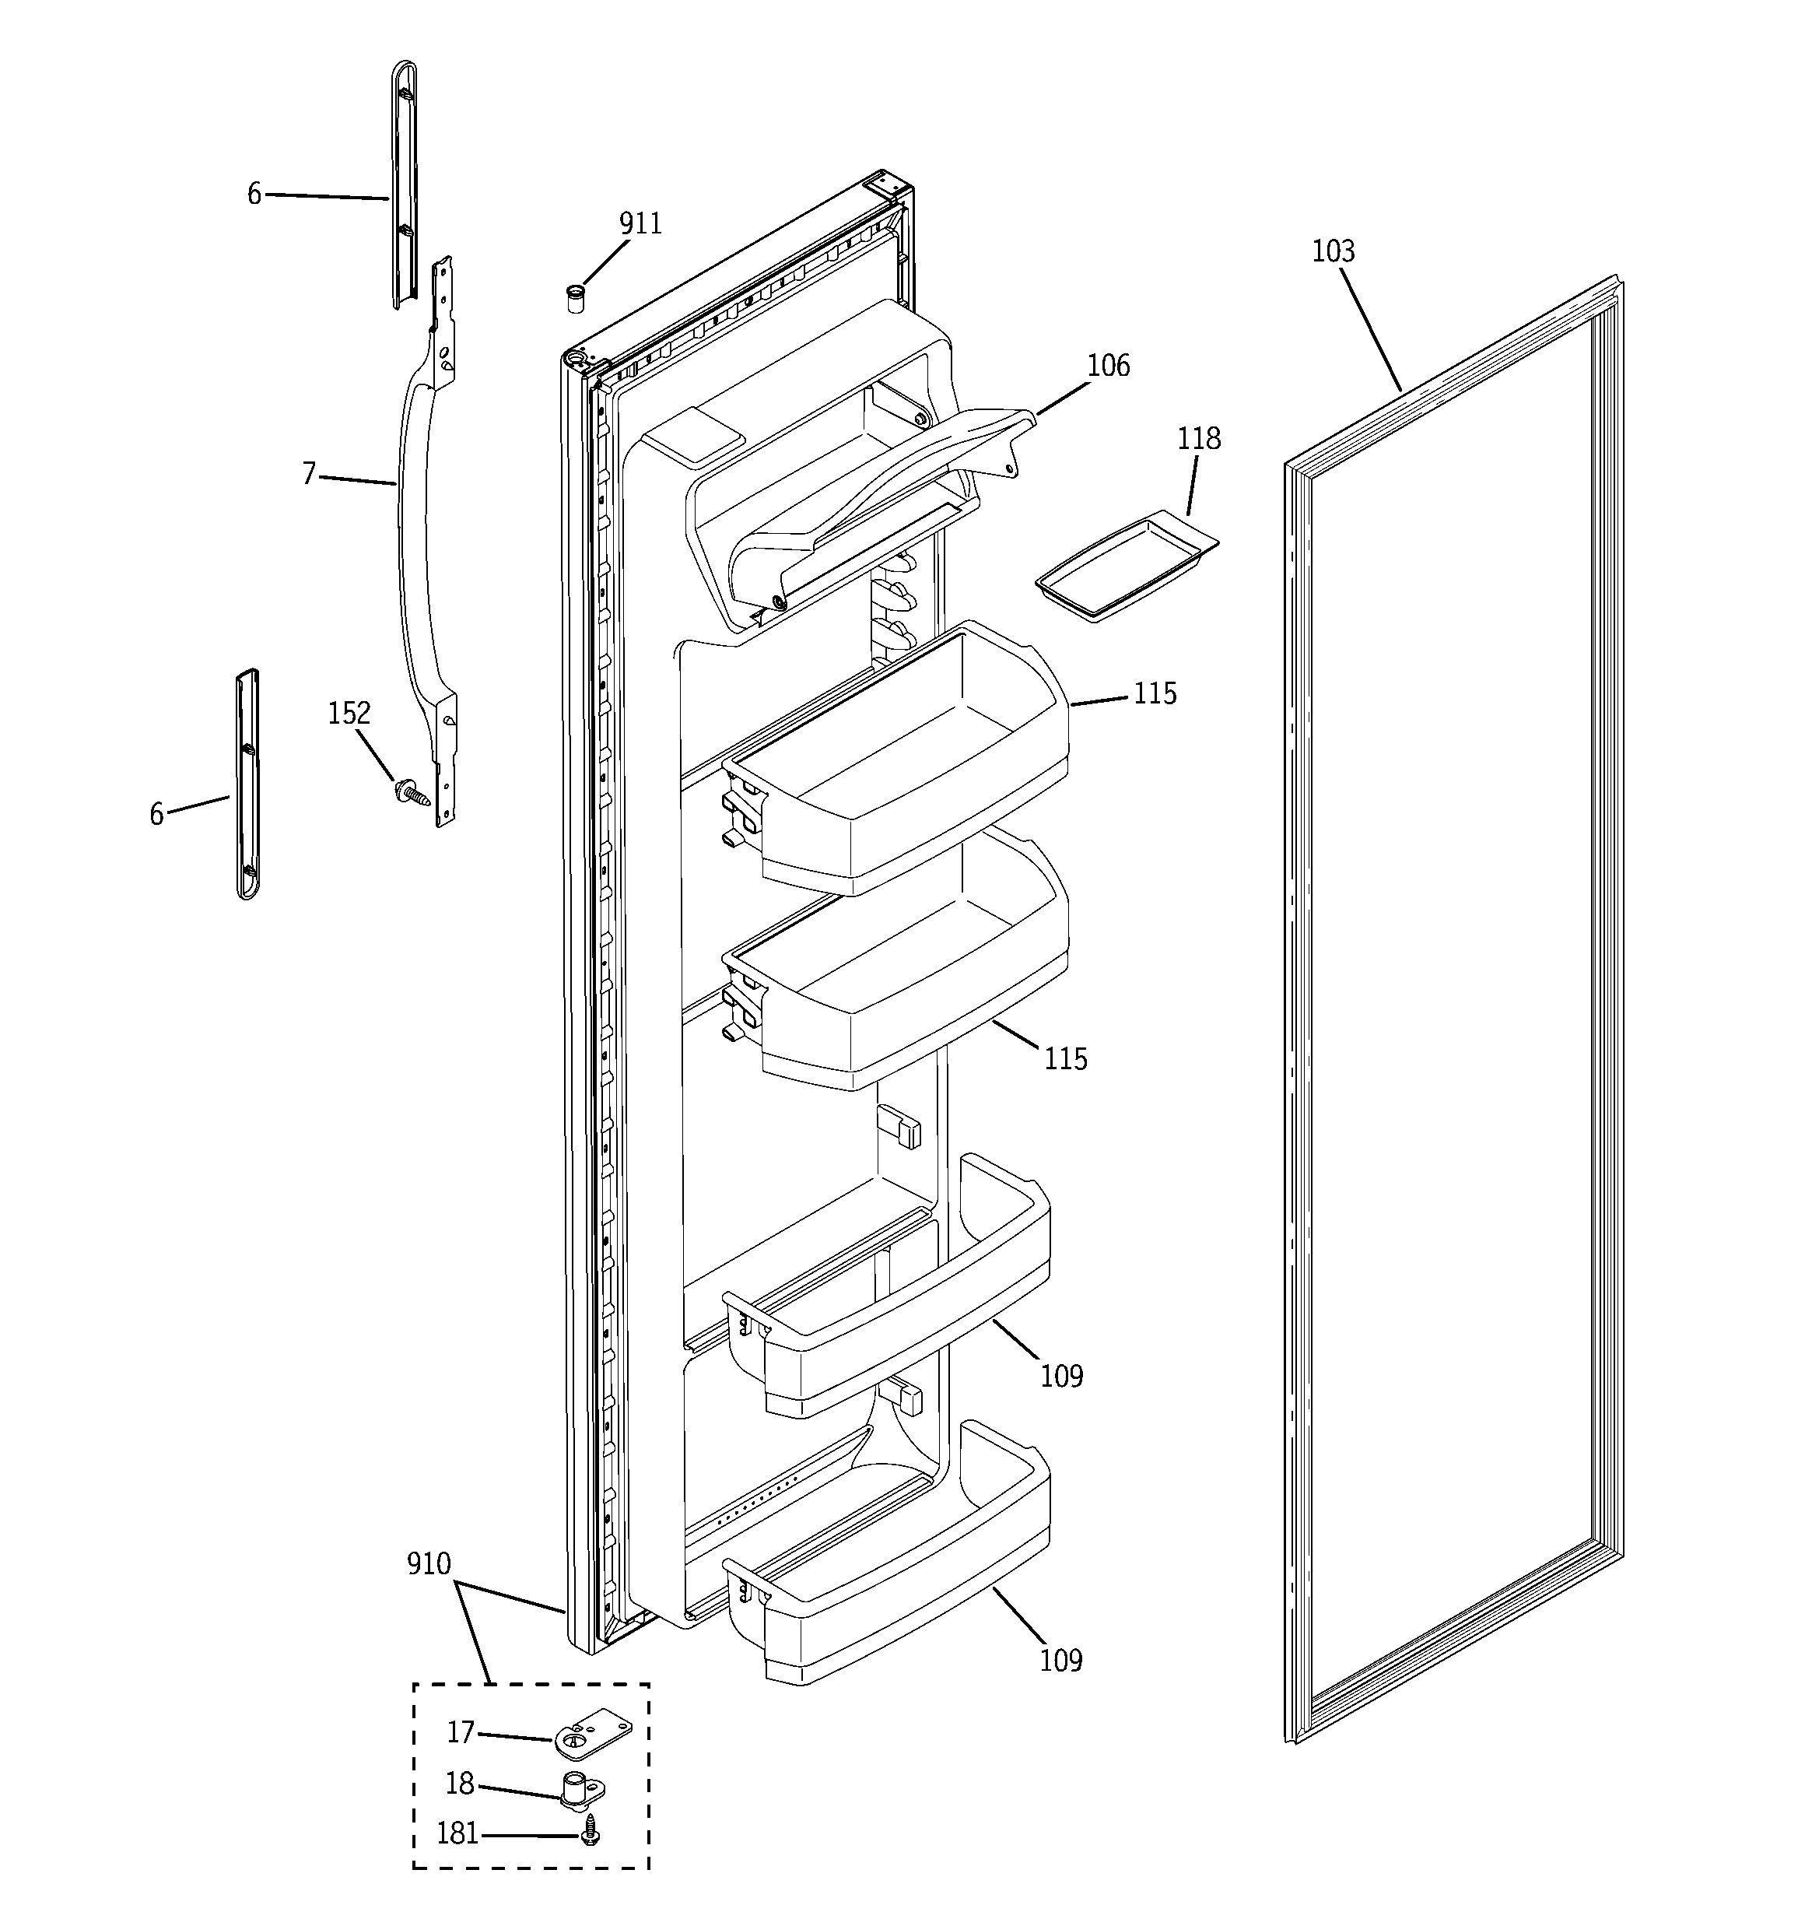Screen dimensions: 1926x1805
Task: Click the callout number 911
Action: tap(640, 224)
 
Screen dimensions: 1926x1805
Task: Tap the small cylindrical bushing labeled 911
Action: tap(577, 298)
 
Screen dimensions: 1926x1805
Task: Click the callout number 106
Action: tap(1107, 367)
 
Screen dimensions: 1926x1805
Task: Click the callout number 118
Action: tap(1198, 439)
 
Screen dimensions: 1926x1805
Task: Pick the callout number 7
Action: tap(309, 474)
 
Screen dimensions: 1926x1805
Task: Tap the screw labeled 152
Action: tap(410, 792)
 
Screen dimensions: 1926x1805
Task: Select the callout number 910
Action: tap(428, 1563)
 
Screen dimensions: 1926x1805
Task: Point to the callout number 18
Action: tap(459, 1784)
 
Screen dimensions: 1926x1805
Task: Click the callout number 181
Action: tap(457, 1834)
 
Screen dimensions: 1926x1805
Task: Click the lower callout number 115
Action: tap(1065, 1060)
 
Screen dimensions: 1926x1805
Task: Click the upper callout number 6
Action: tap(254, 195)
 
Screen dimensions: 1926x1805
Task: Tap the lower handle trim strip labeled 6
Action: tap(248, 783)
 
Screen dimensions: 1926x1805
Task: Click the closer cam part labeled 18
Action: tap(582, 1787)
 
